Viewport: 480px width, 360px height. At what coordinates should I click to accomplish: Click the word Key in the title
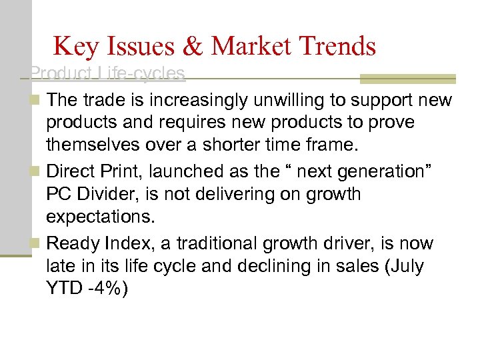point(75,47)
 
